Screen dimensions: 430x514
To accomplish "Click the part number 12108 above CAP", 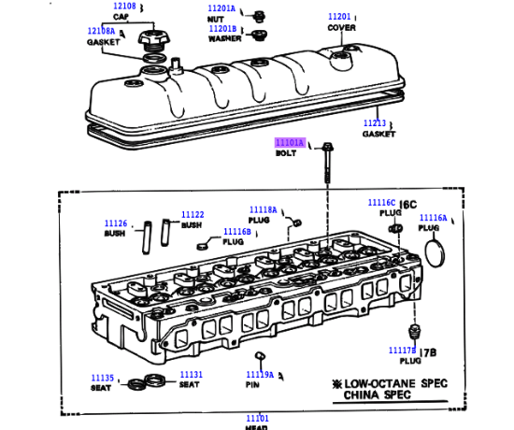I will pos(124,6).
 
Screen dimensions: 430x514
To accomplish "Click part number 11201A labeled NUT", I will pos(222,8).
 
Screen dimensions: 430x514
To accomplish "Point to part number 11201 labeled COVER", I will pos(340,17).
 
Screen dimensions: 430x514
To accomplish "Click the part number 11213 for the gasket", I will pos(375,123).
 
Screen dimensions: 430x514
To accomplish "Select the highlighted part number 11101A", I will pos(290,142).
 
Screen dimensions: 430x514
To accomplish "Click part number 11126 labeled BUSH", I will pos(116,223).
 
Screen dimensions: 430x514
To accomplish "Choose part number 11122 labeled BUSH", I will pos(193,214).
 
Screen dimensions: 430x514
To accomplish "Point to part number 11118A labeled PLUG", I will pos(264,209).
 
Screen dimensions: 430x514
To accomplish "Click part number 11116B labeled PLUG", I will pos(236,231).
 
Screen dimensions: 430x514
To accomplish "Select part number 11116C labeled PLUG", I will pos(381,203).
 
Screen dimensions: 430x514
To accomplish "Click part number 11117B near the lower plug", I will pos(404,350).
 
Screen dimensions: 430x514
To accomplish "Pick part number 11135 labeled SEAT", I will pos(102,379).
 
